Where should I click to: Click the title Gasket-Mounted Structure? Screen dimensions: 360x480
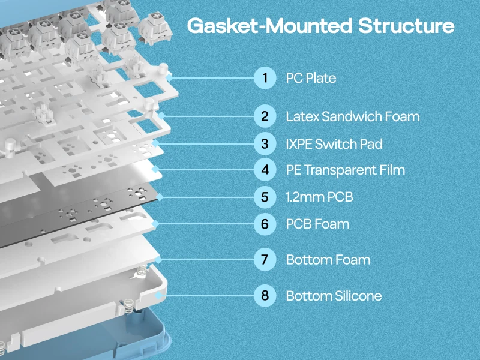coord(320,26)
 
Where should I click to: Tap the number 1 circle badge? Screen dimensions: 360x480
coord(265,78)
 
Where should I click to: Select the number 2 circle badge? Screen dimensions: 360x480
coord(265,116)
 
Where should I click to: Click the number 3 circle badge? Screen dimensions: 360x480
coord(265,144)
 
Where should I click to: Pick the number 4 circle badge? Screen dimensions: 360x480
coord(265,170)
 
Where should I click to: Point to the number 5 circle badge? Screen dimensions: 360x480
coord(265,196)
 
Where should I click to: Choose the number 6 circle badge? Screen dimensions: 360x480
coord(265,224)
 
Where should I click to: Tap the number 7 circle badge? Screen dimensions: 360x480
coord(265,260)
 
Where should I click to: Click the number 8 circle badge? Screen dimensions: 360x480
coord(265,296)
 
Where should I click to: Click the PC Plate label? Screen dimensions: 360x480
coord(311,78)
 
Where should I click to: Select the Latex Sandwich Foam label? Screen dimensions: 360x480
coord(353,116)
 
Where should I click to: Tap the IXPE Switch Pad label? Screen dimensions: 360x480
coord(334,144)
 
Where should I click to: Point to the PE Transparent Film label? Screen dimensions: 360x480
coord(345,170)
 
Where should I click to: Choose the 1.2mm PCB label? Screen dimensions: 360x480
coord(319,196)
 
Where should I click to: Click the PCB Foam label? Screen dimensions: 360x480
coord(317,224)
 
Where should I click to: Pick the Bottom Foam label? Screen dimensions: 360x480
coord(328,260)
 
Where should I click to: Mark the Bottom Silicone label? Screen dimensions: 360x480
coord(334,296)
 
